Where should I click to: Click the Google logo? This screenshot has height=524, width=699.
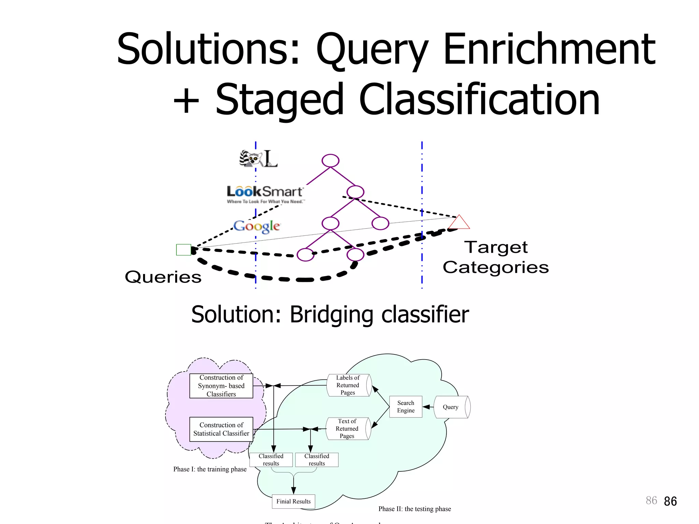click(x=257, y=226)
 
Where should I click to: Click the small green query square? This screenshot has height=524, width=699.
click(x=183, y=250)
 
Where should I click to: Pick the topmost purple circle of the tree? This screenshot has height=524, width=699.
click(x=330, y=160)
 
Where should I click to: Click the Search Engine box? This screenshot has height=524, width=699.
click(x=405, y=407)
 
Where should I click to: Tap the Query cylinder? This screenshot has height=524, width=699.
click(x=451, y=407)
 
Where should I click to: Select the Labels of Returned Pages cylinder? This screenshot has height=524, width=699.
click(x=348, y=385)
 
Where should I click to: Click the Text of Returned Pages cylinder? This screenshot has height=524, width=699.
click(x=347, y=428)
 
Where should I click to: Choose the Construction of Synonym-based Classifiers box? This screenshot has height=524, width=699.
click(x=221, y=386)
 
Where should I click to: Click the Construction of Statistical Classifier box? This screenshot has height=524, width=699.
click(x=221, y=429)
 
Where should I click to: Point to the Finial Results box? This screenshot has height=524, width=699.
click(x=294, y=501)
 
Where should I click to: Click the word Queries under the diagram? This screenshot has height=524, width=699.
click(x=163, y=277)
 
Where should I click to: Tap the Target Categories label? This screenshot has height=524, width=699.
click(x=496, y=257)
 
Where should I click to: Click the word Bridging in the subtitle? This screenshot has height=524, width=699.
click(x=331, y=315)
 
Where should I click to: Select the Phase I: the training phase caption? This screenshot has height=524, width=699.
click(x=210, y=469)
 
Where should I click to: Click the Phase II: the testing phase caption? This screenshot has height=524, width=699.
click(x=415, y=509)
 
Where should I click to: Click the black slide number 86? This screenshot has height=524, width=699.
click(x=670, y=501)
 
